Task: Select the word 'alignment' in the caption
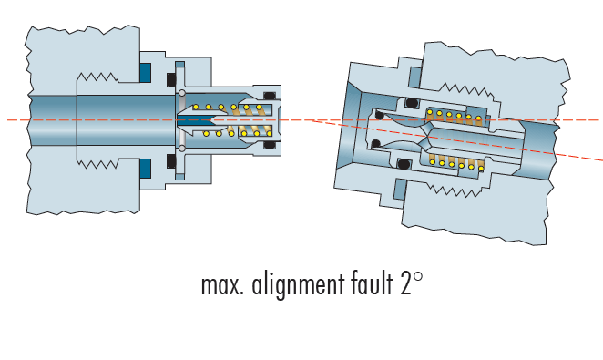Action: (298, 285)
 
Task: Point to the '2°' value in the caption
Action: (411, 283)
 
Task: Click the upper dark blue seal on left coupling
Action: (145, 73)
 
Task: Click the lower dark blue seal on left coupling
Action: (145, 168)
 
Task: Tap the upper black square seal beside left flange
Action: (172, 80)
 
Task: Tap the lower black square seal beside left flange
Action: (172, 162)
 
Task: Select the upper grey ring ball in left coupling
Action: (182, 93)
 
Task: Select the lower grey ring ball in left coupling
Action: (182, 148)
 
